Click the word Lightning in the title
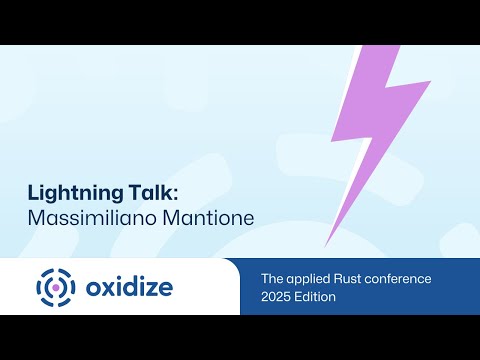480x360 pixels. (x=64, y=192)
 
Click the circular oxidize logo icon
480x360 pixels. (x=56, y=287)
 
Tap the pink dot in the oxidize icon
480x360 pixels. (x=56, y=287)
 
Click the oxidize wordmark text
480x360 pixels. (x=128, y=287)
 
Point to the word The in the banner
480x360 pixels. (x=272, y=277)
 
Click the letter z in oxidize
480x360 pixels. (x=150, y=288)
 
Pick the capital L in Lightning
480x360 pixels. (x=31, y=192)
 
